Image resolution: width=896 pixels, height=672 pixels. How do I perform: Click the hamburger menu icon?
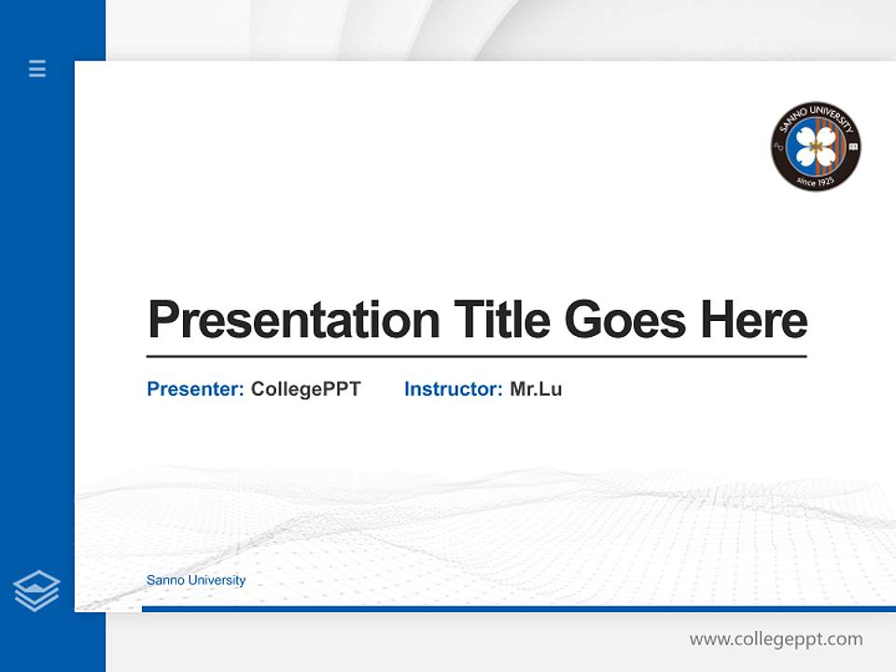pyautogui.click(x=37, y=68)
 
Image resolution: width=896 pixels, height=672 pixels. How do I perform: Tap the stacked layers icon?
pyautogui.click(x=36, y=591)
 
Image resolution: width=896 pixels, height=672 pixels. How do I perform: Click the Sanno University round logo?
pyautogui.click(x=816, y=147)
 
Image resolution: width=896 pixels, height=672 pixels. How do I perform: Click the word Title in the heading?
pyautogui.click(x=501, y=320)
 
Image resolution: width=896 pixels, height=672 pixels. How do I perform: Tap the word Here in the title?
pyautogui.click(x=754, y=320)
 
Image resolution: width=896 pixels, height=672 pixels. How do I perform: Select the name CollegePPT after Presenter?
pyautogui.click(x=305, y=389)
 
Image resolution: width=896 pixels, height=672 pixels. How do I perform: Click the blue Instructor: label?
pyautogui.click(x=454, y=389)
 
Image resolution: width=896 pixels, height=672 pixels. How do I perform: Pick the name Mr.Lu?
pyautogui.click(x=536, y=389)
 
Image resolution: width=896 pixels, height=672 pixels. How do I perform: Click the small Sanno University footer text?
pyautogui.click(x=196, y=581)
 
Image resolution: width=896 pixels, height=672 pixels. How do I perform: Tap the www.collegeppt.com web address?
pyautogui.click(x=776, y=639)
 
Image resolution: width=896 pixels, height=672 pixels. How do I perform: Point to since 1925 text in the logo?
pyautogui.click(x=816, y=180)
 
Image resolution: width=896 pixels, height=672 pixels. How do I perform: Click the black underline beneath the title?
pyautogui.click(x=476, y=357)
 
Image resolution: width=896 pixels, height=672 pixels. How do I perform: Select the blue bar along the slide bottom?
pyautogui.click(x=518, y=609)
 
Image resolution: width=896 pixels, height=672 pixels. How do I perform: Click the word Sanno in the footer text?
pyautogui.click(x=165, y=581)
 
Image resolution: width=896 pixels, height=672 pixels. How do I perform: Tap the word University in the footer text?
pyautogui.click(x=217, y=581)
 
